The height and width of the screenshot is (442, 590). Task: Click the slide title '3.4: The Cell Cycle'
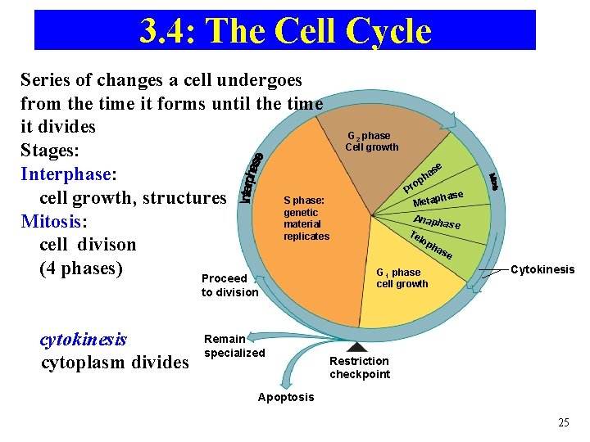pyautogui.click(x=285, y=31)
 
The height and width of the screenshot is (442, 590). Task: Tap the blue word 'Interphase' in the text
pyautogui.click(x=66, y=174)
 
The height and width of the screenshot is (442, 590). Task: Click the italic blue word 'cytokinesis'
pyautogui.click(x=83, y=339)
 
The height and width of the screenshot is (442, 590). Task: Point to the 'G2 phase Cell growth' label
pyautogui.click(x=371, y=142)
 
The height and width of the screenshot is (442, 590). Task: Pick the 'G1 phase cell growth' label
pyautogui.click(x=402, y=278)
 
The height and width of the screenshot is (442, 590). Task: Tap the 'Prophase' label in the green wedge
pyautogui.click(x=423, y=179)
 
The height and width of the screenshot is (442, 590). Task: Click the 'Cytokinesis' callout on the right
pyautogui.click(x=542, y=269)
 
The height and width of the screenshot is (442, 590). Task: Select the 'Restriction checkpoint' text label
pyautogui.click(x=360, y=368)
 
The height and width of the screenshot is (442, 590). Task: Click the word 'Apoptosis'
pyautogui.click(x=286, y=397)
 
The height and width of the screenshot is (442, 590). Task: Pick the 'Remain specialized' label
pyautogui.click(x=234, y=345)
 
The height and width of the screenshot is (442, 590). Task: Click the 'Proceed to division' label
pyautogui.click(x=229, y=286)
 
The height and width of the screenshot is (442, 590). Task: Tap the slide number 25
pyautogui.click(x=563, y=422)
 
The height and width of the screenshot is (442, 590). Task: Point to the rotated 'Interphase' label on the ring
pyautogui.click(x=252, y=178)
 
